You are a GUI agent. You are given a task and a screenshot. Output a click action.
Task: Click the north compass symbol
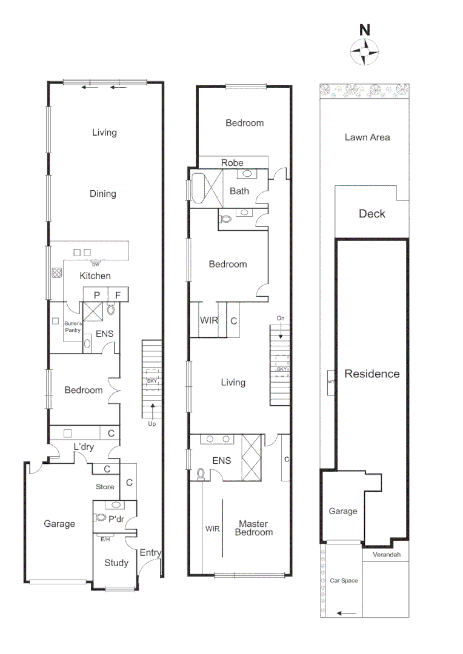coord(365,51)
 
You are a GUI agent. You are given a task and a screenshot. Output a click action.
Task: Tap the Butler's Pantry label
coord(73,327)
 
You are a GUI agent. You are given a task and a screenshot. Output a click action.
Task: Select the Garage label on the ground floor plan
coord(59,524)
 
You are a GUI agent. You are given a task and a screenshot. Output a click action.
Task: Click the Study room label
coord(116,563)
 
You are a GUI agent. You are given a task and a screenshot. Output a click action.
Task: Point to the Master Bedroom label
coord(255,528)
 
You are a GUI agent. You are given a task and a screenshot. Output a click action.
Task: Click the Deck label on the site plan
coord(371,214)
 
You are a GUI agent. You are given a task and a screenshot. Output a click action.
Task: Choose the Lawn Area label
coord(367,137)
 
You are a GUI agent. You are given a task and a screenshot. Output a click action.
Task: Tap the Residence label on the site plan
coord(372,374)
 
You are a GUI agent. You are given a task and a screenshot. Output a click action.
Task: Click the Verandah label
coord(386,555)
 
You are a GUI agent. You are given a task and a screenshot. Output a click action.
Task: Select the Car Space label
coord(344,581)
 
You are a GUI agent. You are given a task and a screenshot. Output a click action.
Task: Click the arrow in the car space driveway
coord(347,613)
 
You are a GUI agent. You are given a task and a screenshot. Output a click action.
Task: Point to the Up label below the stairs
coord(152,424)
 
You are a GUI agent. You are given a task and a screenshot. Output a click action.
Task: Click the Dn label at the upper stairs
coord(280,318)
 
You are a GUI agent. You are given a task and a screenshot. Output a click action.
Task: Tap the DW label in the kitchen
coord(95,265)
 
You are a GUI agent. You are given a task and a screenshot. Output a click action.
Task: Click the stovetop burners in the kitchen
coord(58,272)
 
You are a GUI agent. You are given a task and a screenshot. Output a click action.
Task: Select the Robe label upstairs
coord(232,163)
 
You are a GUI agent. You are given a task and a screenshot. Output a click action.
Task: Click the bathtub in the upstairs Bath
coord(199,189)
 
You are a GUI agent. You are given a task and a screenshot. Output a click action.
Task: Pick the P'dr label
coord(116,519)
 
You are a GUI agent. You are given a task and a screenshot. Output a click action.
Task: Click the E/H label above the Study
coord(104,538)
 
